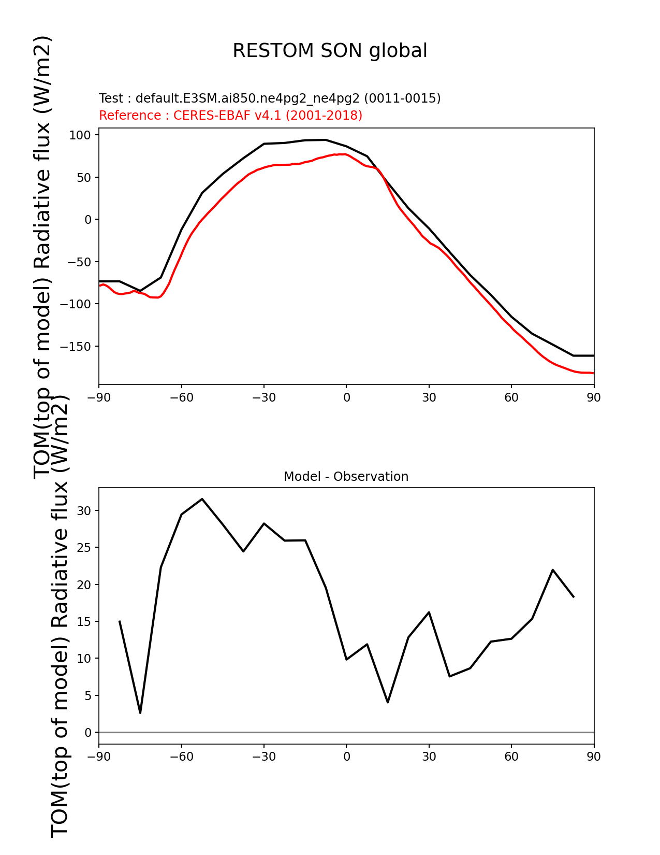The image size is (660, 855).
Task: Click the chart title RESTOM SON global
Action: click(330, 51)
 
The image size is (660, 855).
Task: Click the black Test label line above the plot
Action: click(270, 98)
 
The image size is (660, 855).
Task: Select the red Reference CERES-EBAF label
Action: click(230, 116)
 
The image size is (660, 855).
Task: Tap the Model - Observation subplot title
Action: click(346, 477)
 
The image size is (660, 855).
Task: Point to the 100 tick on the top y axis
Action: click(81, 135)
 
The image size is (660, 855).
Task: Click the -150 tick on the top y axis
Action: click(76, 347)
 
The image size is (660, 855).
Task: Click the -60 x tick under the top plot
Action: click(181, 397)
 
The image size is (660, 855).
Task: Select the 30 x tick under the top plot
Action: click(429, 397)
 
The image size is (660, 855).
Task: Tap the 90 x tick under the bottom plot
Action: click(594, 757)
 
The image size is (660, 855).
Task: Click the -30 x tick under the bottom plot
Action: click(263, 757)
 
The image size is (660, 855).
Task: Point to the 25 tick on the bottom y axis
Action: click(84, 548)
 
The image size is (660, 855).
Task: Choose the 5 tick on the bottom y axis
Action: click(88, 696)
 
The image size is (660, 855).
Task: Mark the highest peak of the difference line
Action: click(202, 499)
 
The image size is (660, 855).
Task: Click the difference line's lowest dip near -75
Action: click(140, 713)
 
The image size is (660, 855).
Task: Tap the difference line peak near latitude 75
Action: click(553, 569)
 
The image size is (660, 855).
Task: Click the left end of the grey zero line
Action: click(100, 732)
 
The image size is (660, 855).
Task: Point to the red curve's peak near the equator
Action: click(342, 154)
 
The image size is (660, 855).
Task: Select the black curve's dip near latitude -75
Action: click(140, 291)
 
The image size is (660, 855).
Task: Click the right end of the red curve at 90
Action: click(593, 373)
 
